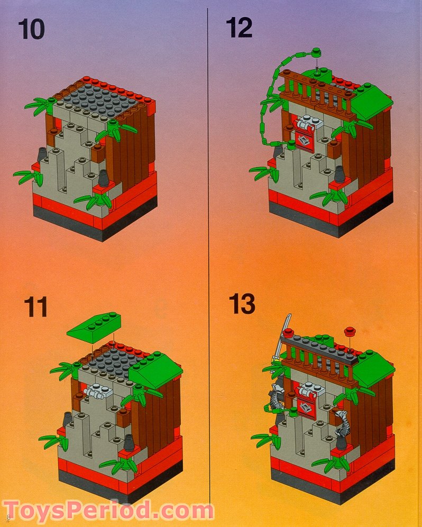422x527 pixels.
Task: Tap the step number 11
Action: tap(35, 308)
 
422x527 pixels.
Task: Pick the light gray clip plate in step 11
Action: tap(96, 392)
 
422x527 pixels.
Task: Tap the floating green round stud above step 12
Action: tap(317, 51)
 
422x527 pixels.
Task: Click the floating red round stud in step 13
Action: tap(348, 331)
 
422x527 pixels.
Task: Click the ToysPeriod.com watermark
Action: tap(108, 512)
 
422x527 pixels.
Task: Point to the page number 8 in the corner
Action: tap(8, 516)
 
